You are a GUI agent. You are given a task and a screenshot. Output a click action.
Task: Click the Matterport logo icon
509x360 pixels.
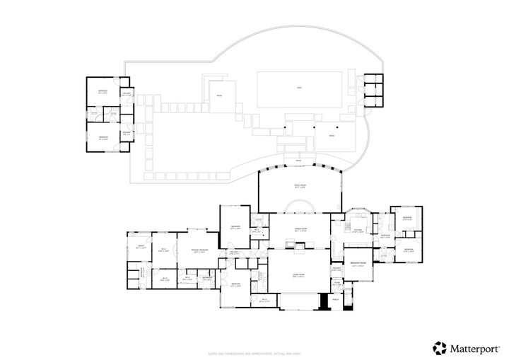[439, 347]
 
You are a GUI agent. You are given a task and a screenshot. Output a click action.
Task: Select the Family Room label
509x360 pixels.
[300, 186]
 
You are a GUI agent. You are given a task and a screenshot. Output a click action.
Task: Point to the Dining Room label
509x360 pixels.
[300, 229]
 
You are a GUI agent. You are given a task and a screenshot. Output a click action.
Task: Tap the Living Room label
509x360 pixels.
[298, 276]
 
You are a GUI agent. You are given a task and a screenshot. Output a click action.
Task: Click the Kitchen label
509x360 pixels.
[358, 231]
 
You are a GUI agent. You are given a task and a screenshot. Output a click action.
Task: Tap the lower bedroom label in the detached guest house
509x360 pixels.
[103, 137]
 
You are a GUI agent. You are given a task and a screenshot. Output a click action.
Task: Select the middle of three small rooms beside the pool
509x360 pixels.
[371, 90]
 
